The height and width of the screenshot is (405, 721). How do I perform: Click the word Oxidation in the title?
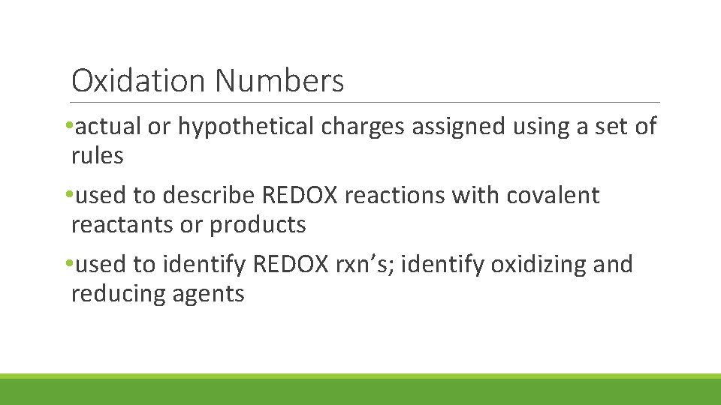[138, 80]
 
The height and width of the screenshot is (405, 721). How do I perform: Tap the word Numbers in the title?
[279, 80]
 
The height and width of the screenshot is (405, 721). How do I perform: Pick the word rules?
[97, 155]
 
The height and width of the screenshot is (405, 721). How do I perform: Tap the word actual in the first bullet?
[108, 127]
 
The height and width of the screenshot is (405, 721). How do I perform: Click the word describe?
[209, 196]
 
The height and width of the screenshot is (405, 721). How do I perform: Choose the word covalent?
[554, 196]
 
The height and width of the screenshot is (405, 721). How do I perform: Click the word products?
[258, 225]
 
